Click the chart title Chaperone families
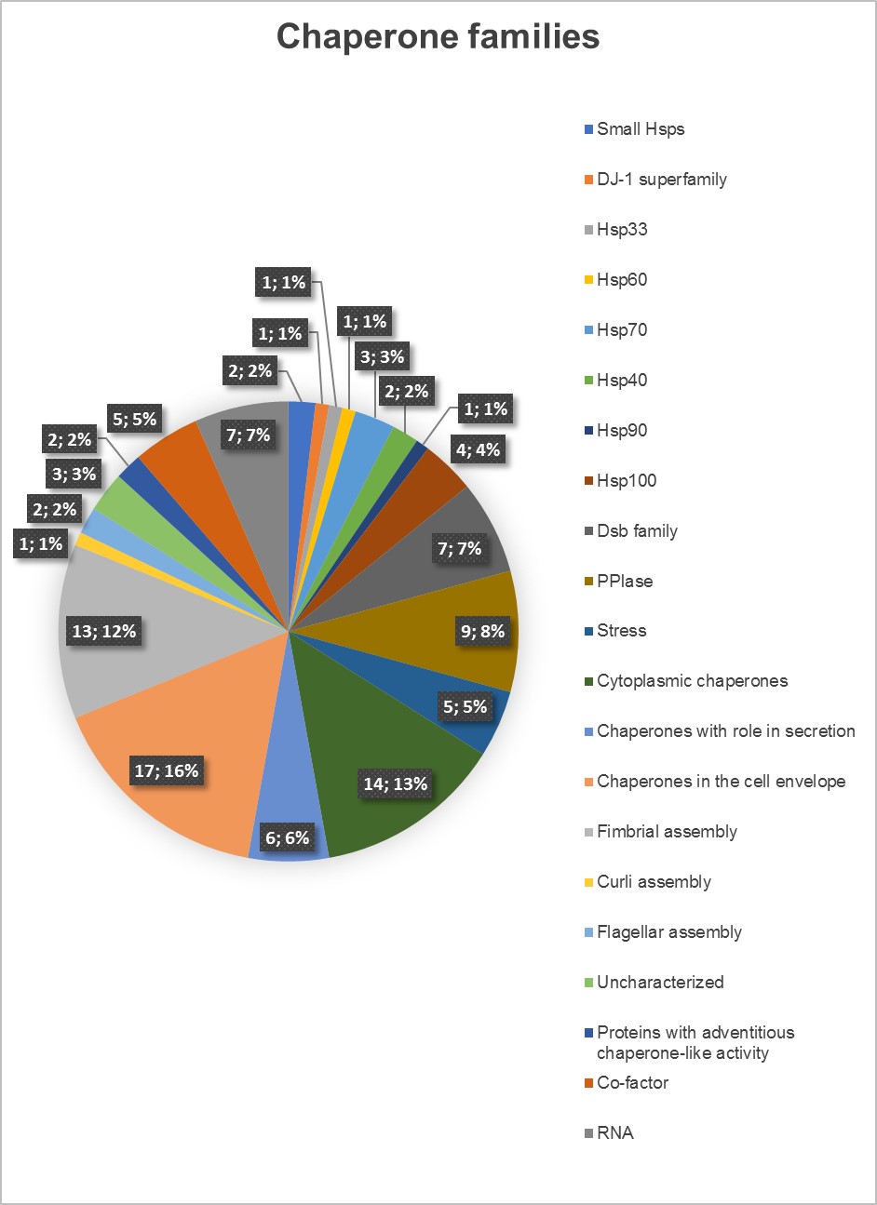coord(438,37)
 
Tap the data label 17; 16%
coord(167,770)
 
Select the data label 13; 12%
coord(104,631)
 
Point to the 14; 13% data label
coord(396,783)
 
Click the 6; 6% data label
coord(287,837)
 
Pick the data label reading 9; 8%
coord(482,631)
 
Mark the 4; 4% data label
coord(478,449)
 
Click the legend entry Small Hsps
coord(641,129)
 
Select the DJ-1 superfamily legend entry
coord(661,180)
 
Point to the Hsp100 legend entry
coord(627,481)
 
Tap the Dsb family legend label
coord(637,531)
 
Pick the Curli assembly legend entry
coord(654,882)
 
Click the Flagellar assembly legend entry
coord(668,932)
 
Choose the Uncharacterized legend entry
coord(660,983)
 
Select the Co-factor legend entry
coord(632,1083)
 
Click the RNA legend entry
coord(614,1133)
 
